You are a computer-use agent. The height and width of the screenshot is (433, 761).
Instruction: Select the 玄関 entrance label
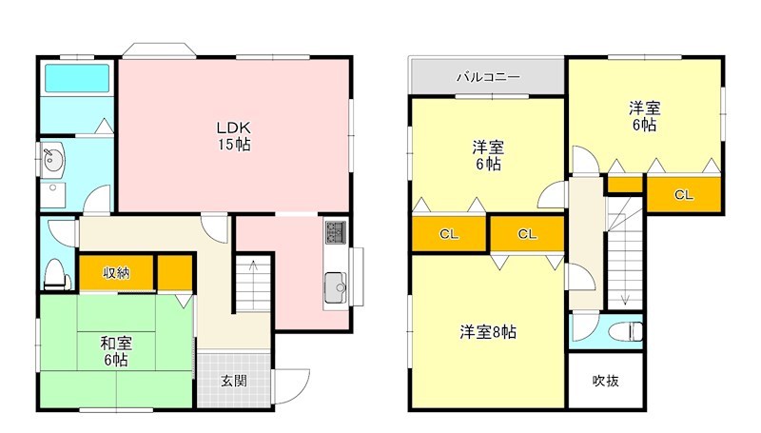pos(234,381)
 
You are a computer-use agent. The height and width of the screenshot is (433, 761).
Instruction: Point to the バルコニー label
pos(487,77)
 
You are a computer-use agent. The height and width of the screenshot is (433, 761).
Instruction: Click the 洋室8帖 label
pos(487,332)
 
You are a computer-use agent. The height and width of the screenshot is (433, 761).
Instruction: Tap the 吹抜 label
pos(605,381)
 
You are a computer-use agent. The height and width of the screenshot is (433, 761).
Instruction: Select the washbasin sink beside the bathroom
pos(51,159)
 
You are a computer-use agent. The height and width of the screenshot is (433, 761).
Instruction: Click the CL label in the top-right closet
pos(682,195)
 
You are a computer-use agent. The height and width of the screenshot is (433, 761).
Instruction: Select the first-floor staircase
pos(253,283)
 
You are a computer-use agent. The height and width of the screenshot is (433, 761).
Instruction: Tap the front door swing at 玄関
pos(293,383)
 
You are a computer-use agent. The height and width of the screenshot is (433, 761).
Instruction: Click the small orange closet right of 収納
pos(174,273)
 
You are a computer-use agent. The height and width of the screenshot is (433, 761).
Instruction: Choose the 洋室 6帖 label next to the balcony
pos(488,155)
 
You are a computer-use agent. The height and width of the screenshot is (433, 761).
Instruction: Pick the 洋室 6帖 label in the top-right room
pos(643,116)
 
